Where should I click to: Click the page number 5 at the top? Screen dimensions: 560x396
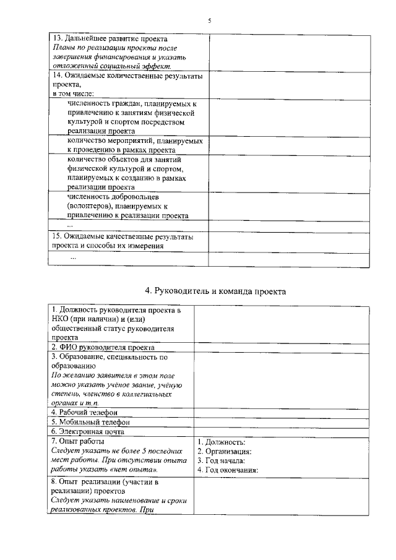[210, 20]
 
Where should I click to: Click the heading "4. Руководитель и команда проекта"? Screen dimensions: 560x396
[215, 291]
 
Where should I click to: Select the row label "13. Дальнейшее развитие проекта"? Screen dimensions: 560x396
[101, 38]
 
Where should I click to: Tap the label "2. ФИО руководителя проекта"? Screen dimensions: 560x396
[103, 348]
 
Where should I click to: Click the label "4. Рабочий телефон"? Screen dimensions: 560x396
[84, 412]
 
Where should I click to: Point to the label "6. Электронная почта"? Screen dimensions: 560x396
[88, 432]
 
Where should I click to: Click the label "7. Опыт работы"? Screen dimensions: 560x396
[77, 442]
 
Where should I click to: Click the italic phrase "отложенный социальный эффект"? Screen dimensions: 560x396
[111, 66]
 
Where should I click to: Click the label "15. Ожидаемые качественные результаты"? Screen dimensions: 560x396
[122, 236]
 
